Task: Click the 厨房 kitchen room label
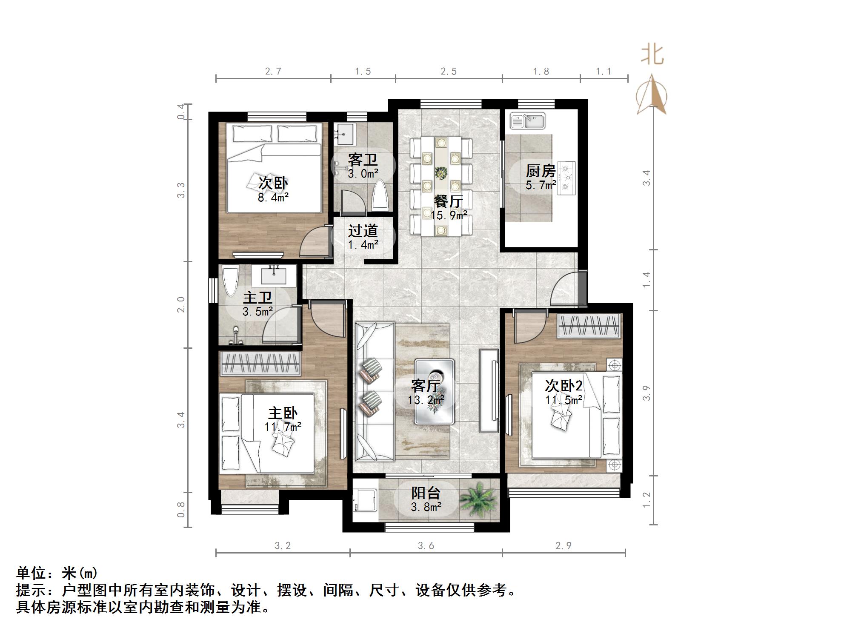[x=541, y=171]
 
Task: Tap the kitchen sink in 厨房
[x=528, y=120]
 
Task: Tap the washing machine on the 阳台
[x=365, y=501]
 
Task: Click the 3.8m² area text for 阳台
[x=426, y=507]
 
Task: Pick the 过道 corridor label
[x=363, y=231]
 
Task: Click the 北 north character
[x=652, y=55]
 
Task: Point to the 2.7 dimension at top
[x=273, y=71]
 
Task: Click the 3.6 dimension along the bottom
[x=426, y=545]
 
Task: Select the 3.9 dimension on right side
[x=646, y=393]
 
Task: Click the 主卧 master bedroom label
[x=283, y=413]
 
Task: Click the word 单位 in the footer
[x=31, y=573]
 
